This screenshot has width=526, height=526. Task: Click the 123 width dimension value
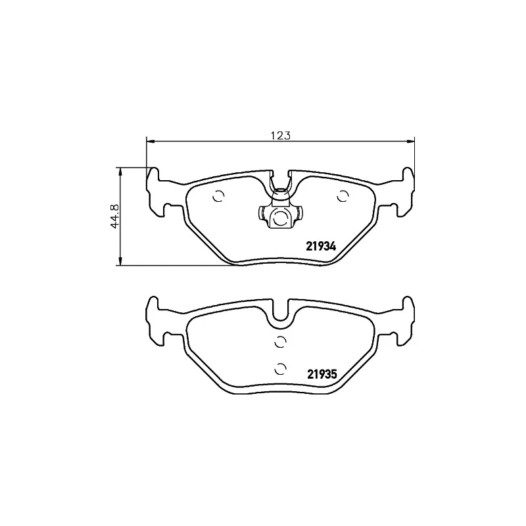click(x=281, y=135)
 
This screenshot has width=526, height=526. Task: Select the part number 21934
click(x=321, y=247)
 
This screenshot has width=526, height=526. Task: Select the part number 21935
click(x=321, y=375)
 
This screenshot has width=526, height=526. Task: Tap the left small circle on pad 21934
click(x=219, y=196)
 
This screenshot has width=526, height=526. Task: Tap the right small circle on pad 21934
click(x=342, y=196)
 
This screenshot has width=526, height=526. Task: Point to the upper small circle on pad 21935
click(x=280, y=341)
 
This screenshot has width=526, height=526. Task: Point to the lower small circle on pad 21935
click(x=280, y=368)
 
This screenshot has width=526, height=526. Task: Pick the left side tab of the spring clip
click(x=261, y=214)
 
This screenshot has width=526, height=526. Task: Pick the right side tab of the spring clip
click(x=299, y=214)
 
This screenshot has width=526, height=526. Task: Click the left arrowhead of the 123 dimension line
click(x=149, y=141)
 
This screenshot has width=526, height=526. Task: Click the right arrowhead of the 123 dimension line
click(x=412, y=141)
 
